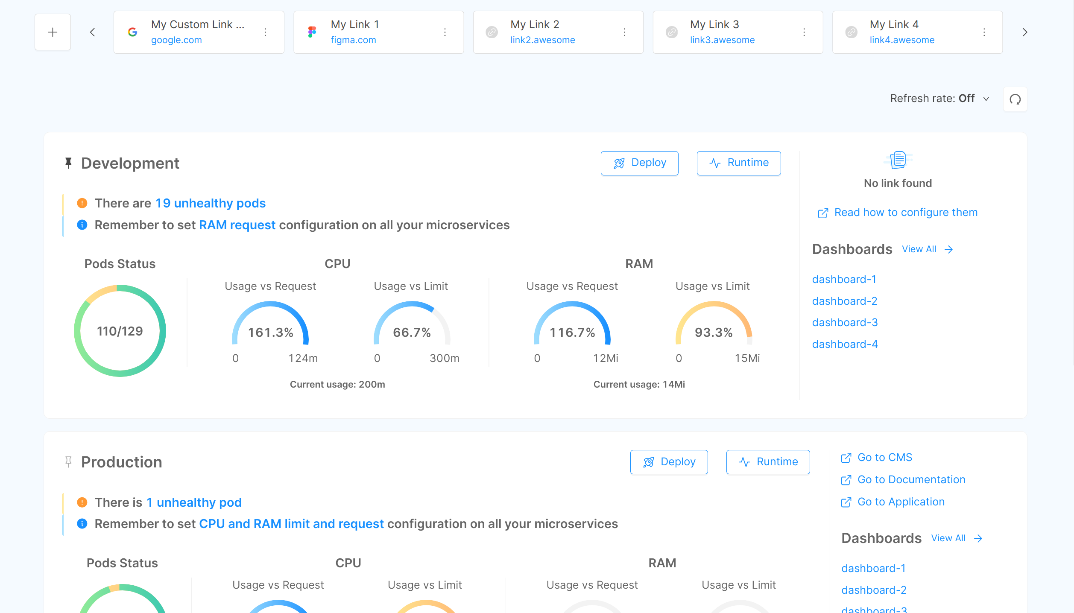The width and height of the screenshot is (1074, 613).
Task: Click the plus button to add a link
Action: (53, 32)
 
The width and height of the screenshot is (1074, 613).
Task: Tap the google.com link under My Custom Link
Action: (176, 40)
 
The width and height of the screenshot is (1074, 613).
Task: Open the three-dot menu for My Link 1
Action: (445, 32)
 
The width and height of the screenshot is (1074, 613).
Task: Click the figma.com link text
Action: (353, 40)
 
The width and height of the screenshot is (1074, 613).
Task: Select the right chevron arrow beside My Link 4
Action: (1024, 32)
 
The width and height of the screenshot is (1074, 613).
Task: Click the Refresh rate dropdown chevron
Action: (986, 99)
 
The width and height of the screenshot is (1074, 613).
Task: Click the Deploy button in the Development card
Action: (639, 163)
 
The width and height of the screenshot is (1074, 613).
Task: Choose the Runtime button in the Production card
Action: (768, 462)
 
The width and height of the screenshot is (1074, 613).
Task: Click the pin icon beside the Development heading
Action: (68, 163)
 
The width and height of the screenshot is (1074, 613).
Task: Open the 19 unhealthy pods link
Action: (210, 203)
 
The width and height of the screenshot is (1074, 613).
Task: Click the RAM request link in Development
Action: (237, 225)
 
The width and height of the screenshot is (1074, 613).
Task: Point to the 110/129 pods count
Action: (120, 331)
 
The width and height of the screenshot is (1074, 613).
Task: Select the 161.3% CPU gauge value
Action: (271, 333)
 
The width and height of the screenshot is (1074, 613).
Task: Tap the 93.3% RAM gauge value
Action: (714, 333)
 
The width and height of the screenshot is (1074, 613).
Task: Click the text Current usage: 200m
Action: (337, 385)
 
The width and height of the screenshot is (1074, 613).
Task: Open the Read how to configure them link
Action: (905, 213)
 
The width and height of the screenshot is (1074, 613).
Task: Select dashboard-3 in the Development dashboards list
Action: (845, 323)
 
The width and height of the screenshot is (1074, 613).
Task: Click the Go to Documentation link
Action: (911, 480)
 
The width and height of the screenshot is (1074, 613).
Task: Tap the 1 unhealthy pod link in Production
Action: (194, 502)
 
